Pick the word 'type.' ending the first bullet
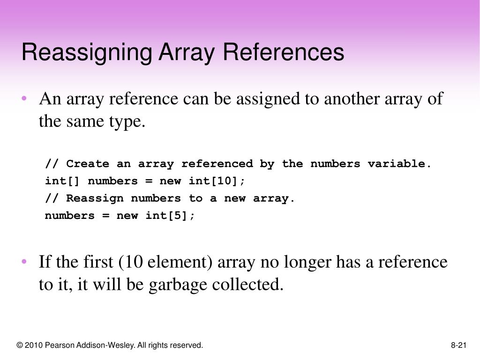point(128,121)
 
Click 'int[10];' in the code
point(217,181)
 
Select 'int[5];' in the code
point(170,216)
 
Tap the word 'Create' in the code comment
point(88,164)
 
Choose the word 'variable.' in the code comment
point(399,164)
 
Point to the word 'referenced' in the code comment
point(217,164)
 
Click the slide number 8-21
point(459,345)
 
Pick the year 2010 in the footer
point(33,345)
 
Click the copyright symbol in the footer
point(19,345)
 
